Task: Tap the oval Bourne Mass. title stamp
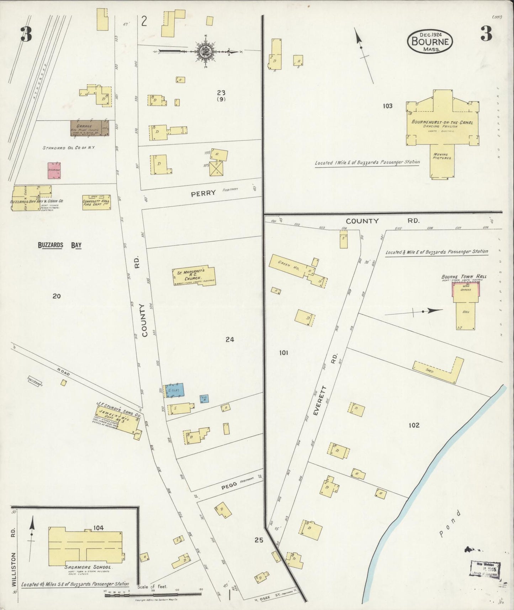click(430, 41)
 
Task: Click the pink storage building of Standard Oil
click(54, 171)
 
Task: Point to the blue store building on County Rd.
click(174, 390)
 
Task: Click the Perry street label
click(203, 193)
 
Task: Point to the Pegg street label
click(229, 487)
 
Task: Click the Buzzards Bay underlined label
click(60, 245)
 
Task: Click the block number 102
click(414, 425)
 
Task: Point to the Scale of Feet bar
click(153, 594)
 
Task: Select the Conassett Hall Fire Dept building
click(96, 202)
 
